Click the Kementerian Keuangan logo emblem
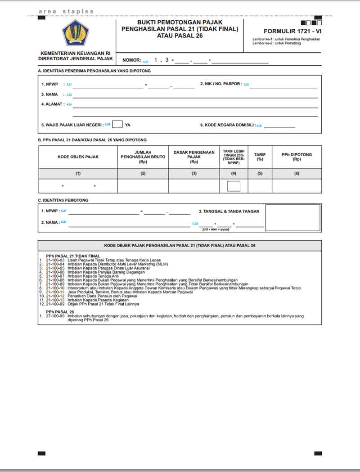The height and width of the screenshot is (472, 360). tap(76, 33)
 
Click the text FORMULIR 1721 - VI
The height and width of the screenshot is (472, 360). tap(292, 31)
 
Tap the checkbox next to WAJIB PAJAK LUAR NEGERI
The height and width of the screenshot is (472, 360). tap(117, 125)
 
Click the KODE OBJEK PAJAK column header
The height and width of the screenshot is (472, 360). tap(78, 157)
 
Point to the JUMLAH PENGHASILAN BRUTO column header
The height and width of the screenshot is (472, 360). tap(143, 157)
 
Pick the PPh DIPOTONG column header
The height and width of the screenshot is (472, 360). tap(297, 157)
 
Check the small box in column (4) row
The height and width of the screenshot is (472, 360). tap(234, 186)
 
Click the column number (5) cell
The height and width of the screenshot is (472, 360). tap(260, 173)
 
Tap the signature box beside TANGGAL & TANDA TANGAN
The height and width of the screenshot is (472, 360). tap(292, 218)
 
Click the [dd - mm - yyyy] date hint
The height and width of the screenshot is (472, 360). tap(216, 229)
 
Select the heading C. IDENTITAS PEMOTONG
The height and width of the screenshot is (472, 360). tap(63, 200)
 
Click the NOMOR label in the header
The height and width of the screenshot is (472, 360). tap(131, 60)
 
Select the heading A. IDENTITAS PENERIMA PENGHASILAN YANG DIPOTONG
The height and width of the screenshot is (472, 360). tap(94, 71)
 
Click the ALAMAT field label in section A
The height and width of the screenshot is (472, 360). tap(53, 104)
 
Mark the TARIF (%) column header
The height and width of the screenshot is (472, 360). tap(260, 157)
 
